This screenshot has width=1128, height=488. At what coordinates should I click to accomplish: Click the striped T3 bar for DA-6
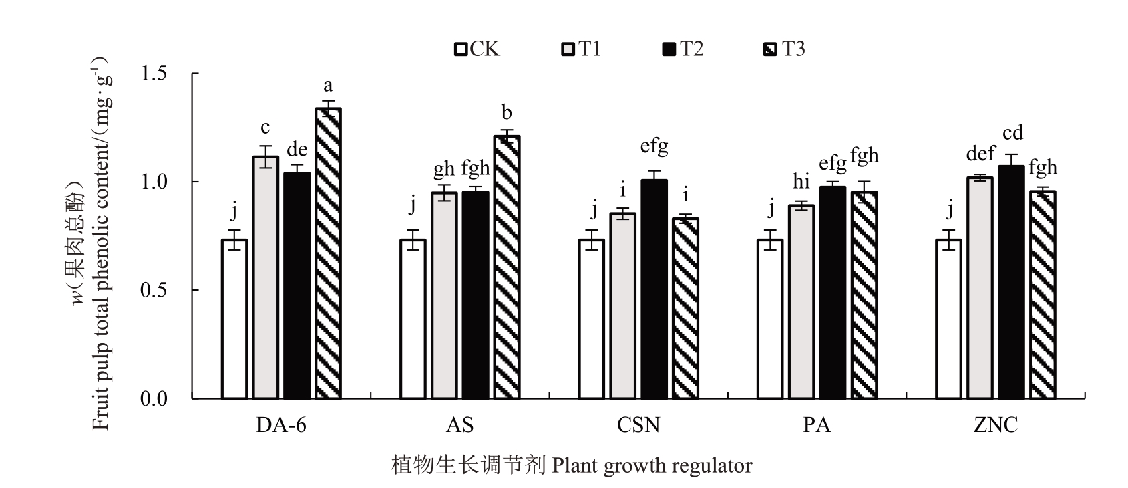point(328,254)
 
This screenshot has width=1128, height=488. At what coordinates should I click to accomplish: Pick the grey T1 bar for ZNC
point(980,288)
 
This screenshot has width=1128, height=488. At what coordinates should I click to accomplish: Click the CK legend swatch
point(461,49)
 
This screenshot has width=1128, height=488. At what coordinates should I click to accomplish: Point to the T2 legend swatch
point(669,49)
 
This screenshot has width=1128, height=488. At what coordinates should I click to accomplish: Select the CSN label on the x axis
point(639,426)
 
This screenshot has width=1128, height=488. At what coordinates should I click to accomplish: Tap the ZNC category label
point(996,426)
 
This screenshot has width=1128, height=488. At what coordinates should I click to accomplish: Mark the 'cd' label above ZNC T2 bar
point(1012,133)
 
